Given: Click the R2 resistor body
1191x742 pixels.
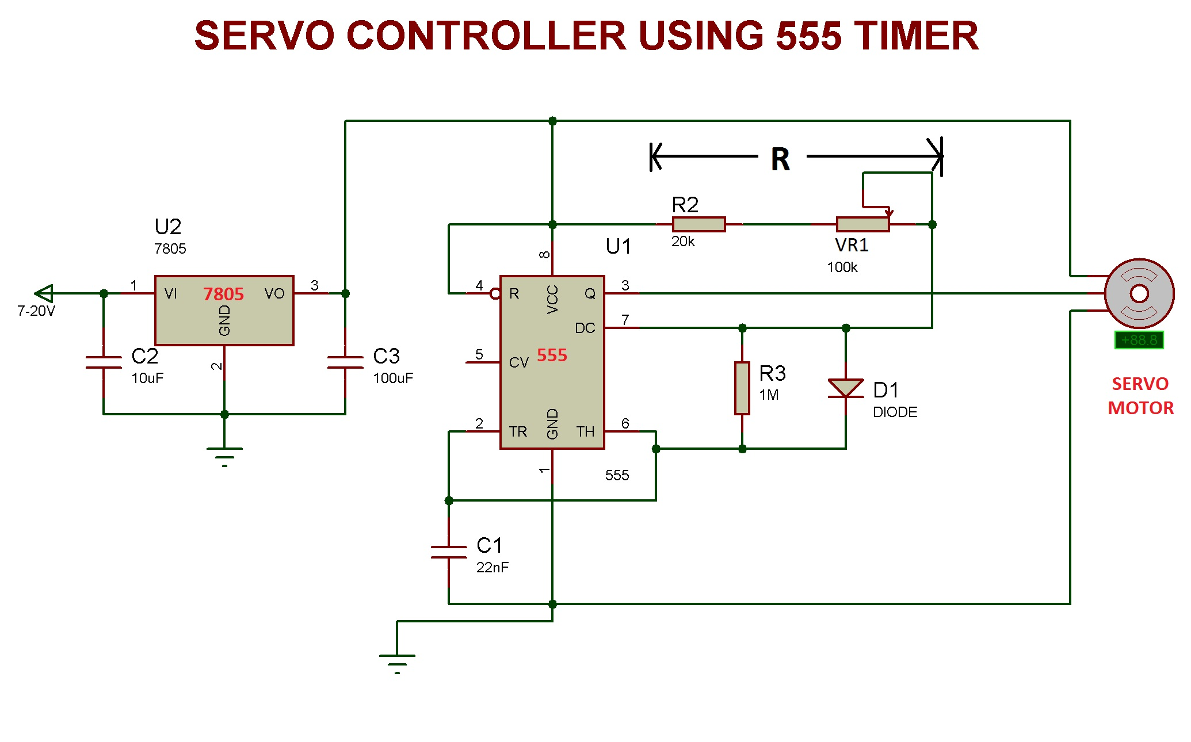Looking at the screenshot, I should point(698,224).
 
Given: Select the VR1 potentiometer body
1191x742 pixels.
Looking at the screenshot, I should point(862,224).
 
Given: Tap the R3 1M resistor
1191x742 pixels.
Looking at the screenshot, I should point(742,388).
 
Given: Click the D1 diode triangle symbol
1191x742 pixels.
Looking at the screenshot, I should point(846,388).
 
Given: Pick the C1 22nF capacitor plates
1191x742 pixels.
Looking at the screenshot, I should point(449,552).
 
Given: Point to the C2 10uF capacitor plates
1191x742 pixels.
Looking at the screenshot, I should point(104,362).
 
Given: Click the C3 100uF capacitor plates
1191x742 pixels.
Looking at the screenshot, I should point(345,362).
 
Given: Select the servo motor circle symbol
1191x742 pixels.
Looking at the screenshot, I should point(1139,293).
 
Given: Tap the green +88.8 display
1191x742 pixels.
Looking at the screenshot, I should point(1139,340).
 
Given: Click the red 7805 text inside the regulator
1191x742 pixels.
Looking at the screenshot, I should point(223,294).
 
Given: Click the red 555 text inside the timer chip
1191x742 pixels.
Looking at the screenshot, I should point(552,355).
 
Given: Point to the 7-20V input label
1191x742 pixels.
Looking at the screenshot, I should point(36,311).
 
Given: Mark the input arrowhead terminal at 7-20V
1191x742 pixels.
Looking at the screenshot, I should point(44,293).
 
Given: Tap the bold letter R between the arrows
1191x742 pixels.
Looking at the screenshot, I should point(780,159).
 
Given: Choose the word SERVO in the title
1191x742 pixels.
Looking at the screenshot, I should point(265,36).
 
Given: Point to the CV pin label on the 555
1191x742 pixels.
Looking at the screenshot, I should point(518,362).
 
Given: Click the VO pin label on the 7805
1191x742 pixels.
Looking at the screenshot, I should point(274,294).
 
